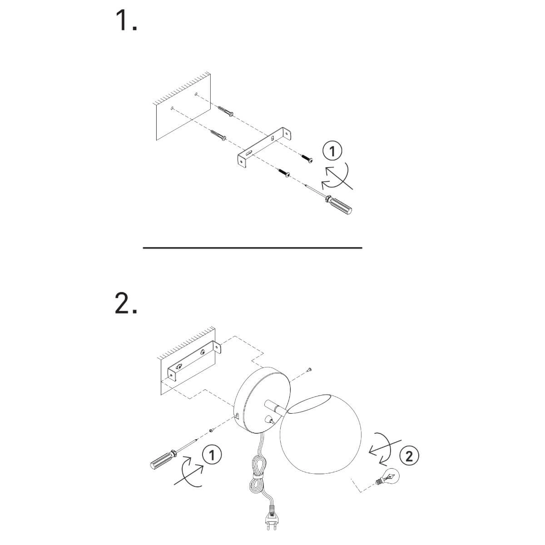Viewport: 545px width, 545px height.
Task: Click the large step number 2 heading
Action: tap(126, 303)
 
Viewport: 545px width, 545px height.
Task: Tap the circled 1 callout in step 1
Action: tap(332, 151)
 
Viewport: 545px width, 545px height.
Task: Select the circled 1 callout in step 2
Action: tap(212, 455)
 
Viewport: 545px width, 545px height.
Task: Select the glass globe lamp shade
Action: tap(321, 435)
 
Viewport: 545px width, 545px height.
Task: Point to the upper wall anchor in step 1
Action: tap(226, 111)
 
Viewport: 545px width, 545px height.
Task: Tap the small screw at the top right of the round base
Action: tap(309, 369)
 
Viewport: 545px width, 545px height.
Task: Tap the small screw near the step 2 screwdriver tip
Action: tap(211, 438)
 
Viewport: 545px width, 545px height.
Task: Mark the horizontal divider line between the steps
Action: tap(253, 248)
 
